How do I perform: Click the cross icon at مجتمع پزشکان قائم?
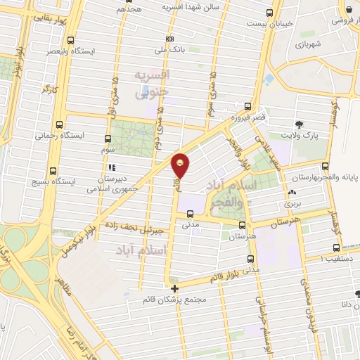174,288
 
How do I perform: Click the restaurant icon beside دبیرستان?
112,168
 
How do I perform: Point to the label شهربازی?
308,44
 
